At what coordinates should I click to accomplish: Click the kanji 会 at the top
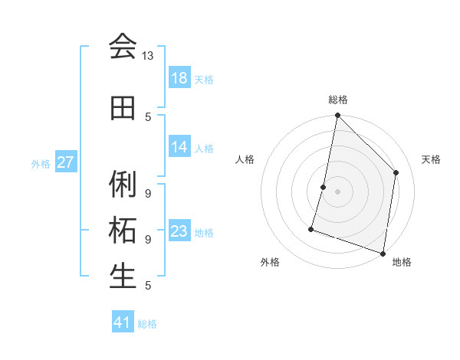click(x=123, y=46)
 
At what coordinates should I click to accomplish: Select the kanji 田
click(x=123, y=109)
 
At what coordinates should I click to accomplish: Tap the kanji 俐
click(x=123, y=184)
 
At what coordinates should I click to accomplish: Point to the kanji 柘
click(x=123, y=230)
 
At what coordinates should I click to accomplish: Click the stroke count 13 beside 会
click(x=148, y=56)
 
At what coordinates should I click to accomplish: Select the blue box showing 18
click(x=179, y=78)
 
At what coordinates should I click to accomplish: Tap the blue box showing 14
click(x=179, y=147)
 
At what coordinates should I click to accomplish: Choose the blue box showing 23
click(x=179, y=231)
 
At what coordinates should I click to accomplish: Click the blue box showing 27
click(x=66, y=162)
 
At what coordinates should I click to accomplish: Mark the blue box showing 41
click(x=123, y=322)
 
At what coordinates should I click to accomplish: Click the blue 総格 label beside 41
click(x=147, y=323)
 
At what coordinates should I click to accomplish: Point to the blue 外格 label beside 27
click(x=41, y=163)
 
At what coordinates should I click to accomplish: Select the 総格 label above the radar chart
click(x=338, y=100)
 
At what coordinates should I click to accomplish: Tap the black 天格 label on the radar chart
click(x=431, y=159)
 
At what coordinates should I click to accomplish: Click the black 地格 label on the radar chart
click(x=402, y=262)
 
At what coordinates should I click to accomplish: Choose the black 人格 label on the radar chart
click(x=245, y=159)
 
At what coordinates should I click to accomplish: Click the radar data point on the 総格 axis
click(x=337, y=115)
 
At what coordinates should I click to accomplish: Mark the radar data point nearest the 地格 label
click(x=383, y=253)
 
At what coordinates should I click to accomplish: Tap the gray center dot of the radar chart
click(x=337, y=191)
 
